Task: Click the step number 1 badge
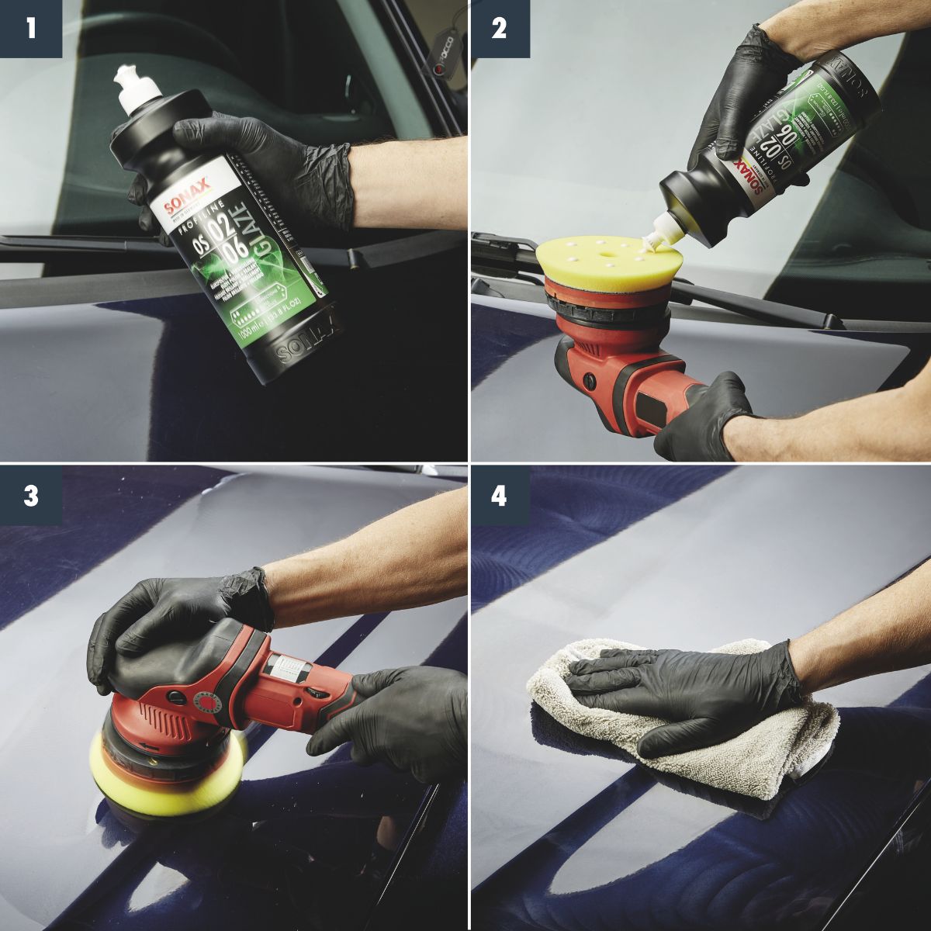[x=30, y=29]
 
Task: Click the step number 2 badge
[x=500, y=29]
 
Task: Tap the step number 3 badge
[x=30, y=496]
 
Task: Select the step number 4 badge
[x=500, y=496]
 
